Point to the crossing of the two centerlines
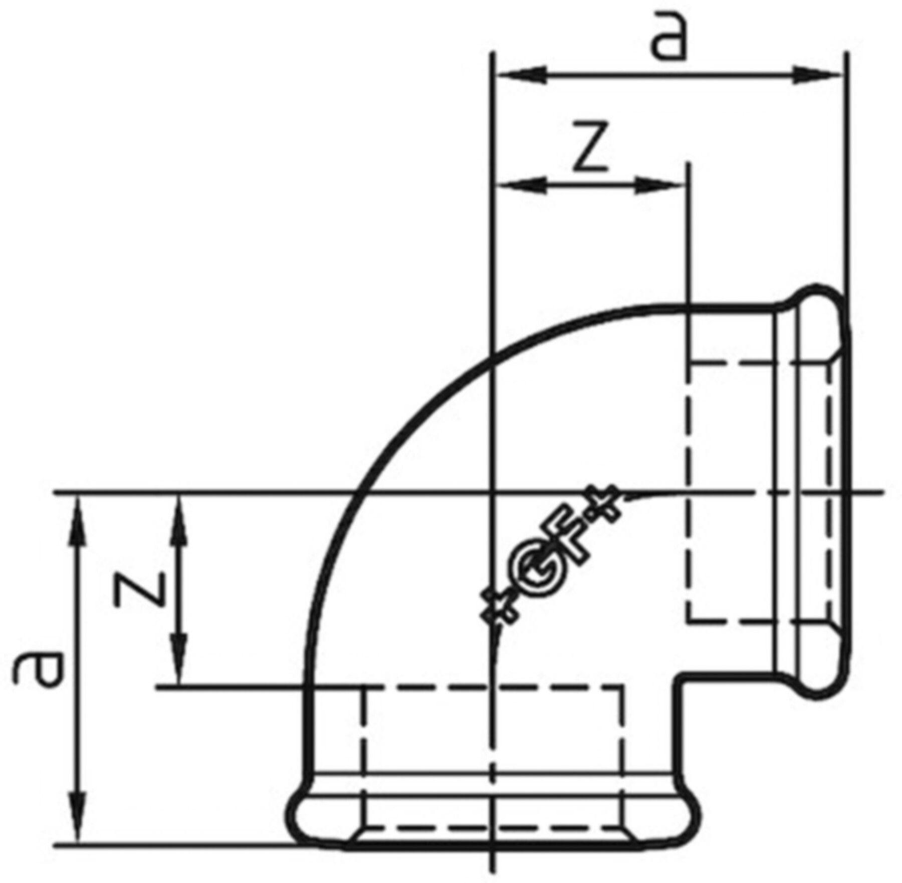[x=494, y=494]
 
